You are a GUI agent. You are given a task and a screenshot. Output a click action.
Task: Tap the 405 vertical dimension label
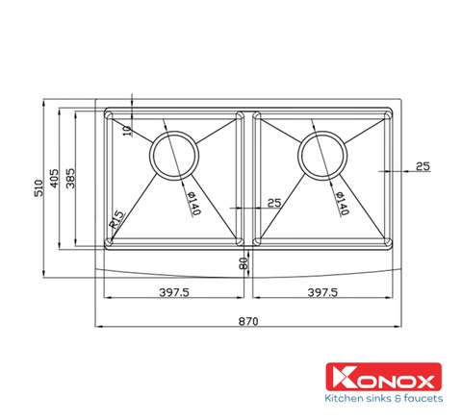(57, 178)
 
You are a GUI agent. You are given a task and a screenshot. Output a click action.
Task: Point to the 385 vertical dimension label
(72, 178)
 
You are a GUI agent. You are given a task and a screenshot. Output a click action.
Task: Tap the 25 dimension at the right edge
(422, 166)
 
